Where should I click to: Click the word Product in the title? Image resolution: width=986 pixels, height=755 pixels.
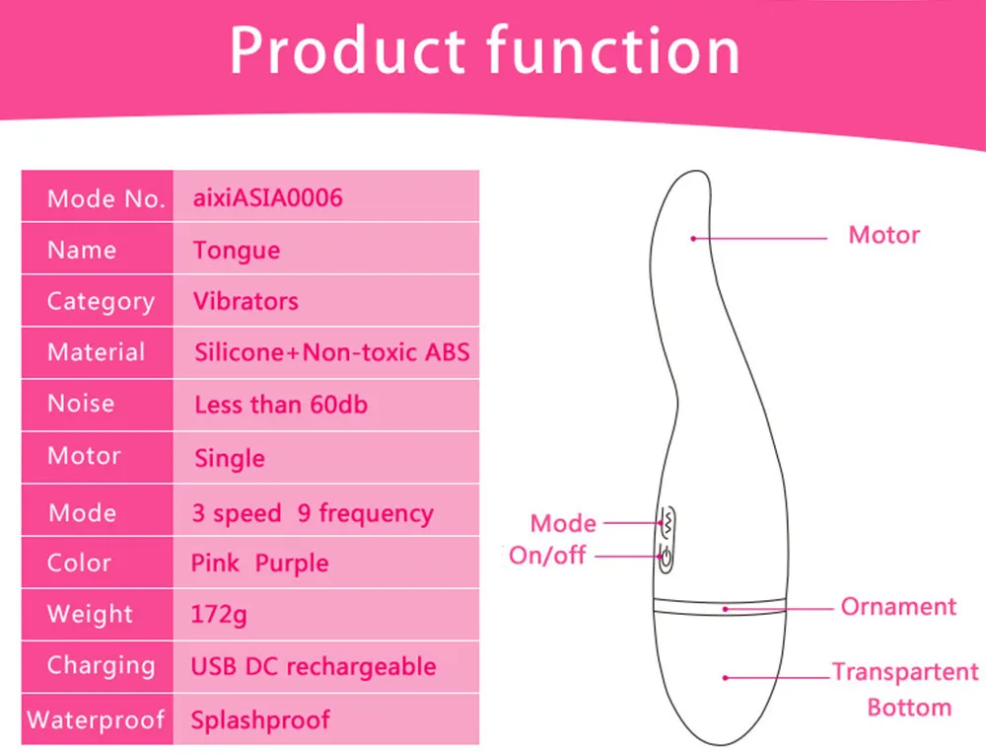[347, 50]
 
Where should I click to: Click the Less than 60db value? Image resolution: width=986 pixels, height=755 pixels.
[281, 405]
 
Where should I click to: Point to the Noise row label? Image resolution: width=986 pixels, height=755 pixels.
[81, 404]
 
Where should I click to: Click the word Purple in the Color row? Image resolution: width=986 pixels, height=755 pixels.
[292, 564]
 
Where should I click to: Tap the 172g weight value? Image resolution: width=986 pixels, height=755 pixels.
[219, 615]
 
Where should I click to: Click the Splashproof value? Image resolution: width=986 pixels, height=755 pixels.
[260, 720]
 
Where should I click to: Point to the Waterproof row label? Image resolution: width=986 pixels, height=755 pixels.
[96, 719]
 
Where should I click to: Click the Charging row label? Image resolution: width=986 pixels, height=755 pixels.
[102, 666]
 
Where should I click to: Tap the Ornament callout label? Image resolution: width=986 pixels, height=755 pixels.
[898, 607]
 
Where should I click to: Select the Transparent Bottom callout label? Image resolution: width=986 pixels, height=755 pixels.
[906, 690]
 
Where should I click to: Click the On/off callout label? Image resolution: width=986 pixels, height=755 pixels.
[547, 556]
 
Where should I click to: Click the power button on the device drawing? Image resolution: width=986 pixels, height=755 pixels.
[666, 558]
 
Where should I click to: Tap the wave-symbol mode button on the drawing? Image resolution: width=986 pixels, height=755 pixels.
[668, 522]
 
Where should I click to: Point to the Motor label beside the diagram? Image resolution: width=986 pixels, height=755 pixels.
[884, 235]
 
